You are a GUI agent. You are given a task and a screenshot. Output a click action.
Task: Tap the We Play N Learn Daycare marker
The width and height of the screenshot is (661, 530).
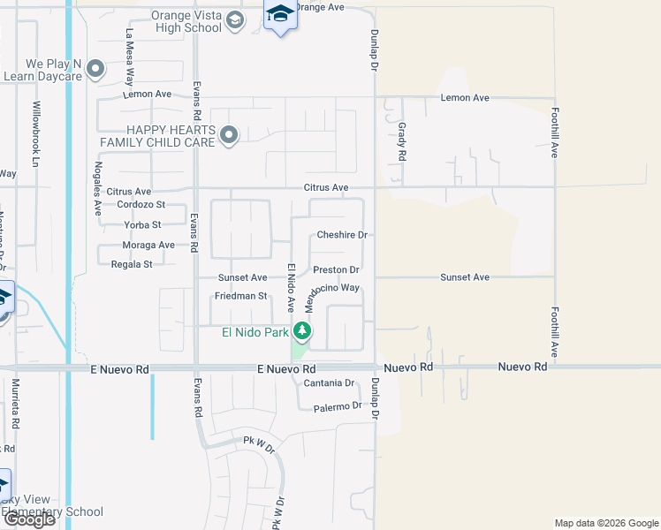tap(96, 69)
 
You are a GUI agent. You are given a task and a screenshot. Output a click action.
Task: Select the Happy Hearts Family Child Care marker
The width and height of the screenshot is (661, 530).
tap(229, 135)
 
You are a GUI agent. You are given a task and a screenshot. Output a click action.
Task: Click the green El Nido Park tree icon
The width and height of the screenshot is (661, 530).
tap(303, 332)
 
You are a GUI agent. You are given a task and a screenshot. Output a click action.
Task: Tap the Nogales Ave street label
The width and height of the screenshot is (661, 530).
tap(98, 190)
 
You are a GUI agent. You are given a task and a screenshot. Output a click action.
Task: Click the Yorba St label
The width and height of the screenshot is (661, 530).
tap(143, 225)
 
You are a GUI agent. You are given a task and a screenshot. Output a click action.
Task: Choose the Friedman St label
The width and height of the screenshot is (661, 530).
tap(243, 296)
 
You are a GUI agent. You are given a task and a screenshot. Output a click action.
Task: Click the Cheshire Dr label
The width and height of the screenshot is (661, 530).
tap(342, 235)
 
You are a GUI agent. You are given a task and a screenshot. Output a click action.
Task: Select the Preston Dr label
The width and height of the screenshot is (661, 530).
tap(336, 269)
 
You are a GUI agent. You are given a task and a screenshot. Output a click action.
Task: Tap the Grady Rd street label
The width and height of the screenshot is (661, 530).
tap(401, 141)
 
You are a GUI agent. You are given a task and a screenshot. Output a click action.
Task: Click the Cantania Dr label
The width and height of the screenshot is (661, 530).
tap(329, 382)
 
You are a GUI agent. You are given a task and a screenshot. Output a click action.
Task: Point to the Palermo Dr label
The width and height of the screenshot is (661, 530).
tap(338, 405)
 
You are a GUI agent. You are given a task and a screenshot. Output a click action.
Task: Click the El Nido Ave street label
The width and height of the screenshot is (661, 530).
tap(290, 286)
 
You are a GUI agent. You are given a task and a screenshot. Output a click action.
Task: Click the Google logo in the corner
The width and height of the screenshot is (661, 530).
tap(29, 519)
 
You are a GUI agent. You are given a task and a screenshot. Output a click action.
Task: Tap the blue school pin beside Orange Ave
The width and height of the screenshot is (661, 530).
tap(280, 14)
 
